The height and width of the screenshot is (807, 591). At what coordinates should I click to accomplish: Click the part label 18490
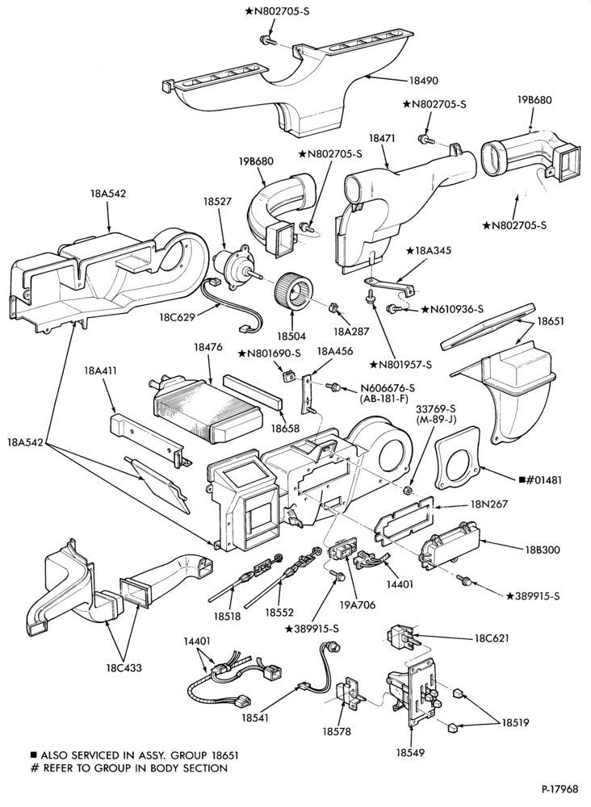click(x=424, y=80)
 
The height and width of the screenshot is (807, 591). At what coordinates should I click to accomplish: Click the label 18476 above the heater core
click(x=208, y=347)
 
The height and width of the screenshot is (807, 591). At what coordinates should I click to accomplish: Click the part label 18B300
click(x=542, y=550)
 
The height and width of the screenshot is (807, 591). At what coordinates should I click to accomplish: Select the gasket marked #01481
click(x=458, y=457)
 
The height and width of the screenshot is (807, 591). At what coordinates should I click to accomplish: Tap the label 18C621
click(x=491, y=638)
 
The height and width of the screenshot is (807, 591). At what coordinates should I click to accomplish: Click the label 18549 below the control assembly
click(x=410, y=752)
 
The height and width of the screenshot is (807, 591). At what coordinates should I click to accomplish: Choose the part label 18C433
click(x=124, y=668)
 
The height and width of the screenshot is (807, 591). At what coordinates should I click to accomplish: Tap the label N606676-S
click(x=388, y=387)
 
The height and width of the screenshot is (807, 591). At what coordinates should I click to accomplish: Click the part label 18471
click(x=381, y=139)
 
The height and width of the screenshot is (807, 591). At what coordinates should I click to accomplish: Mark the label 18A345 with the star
click(x=429, y=250)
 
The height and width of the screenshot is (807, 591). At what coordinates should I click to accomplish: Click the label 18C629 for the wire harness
click(x=178, y=317)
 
